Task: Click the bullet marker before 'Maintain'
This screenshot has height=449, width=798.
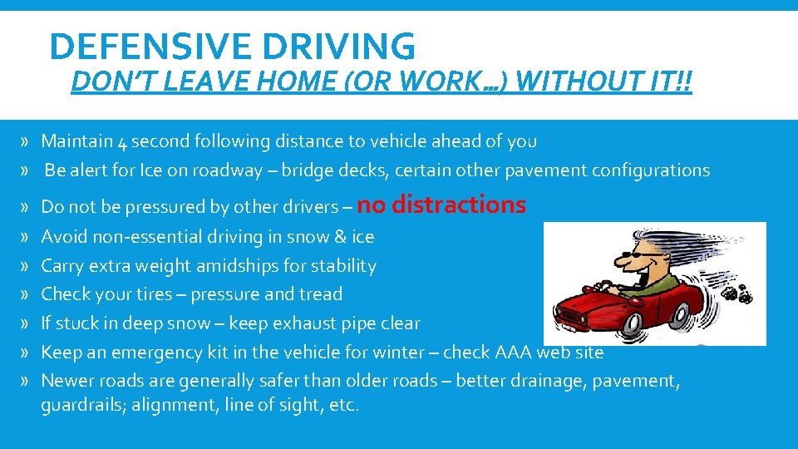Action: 27,142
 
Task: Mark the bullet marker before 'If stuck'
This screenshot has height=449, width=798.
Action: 27,323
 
